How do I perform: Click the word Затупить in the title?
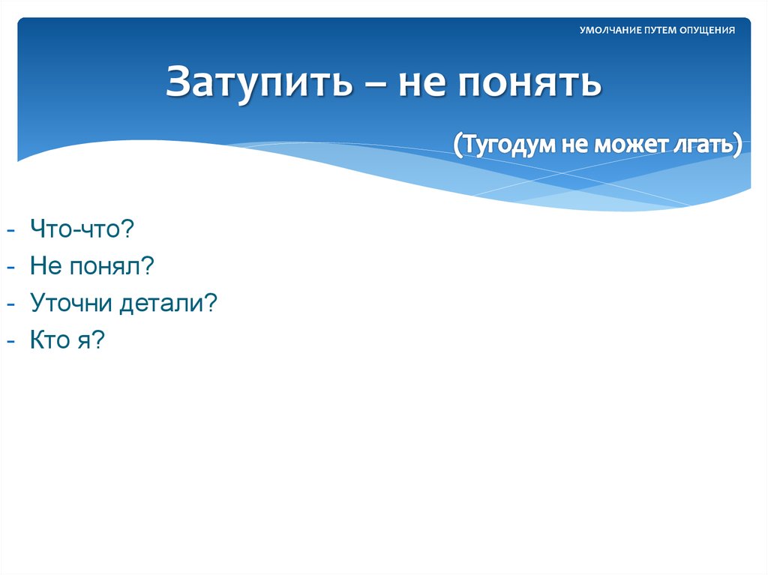click(259, 82)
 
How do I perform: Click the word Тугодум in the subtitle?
click(505, 143)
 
